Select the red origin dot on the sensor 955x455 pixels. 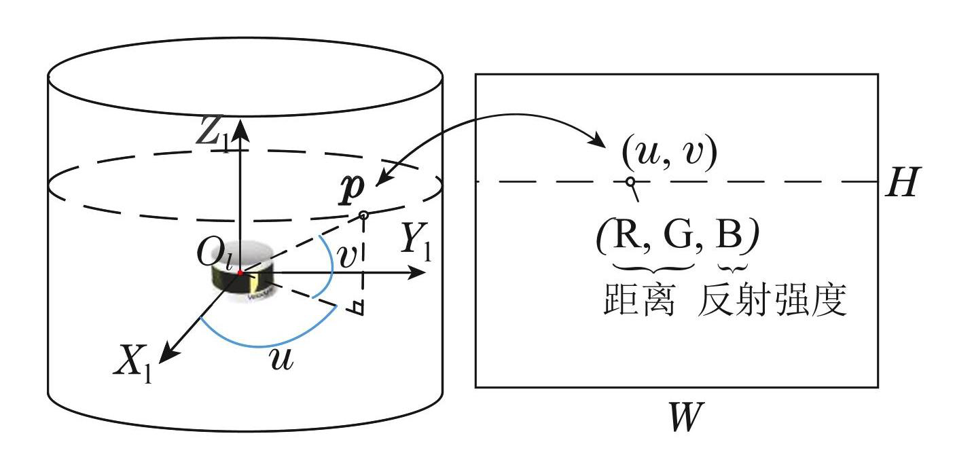click(240, 272)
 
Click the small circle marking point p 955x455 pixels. click(363, 215)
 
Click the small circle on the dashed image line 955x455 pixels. click(630, 181)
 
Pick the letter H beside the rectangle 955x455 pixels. click(902, 182)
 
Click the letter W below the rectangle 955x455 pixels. click(682, 417)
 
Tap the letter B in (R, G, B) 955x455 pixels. click(730, 238)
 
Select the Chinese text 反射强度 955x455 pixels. click(772, 301)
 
